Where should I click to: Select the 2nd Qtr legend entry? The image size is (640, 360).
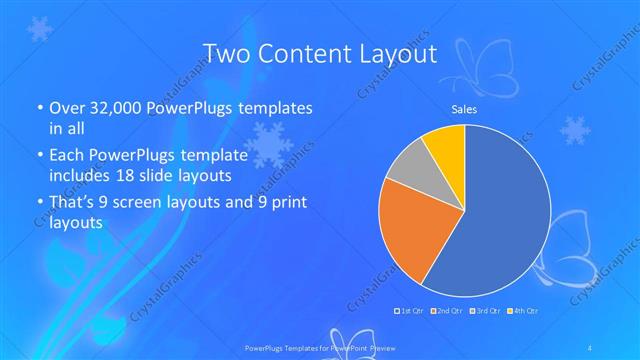click(447, 311)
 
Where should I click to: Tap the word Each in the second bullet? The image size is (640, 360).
click(67, 156)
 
